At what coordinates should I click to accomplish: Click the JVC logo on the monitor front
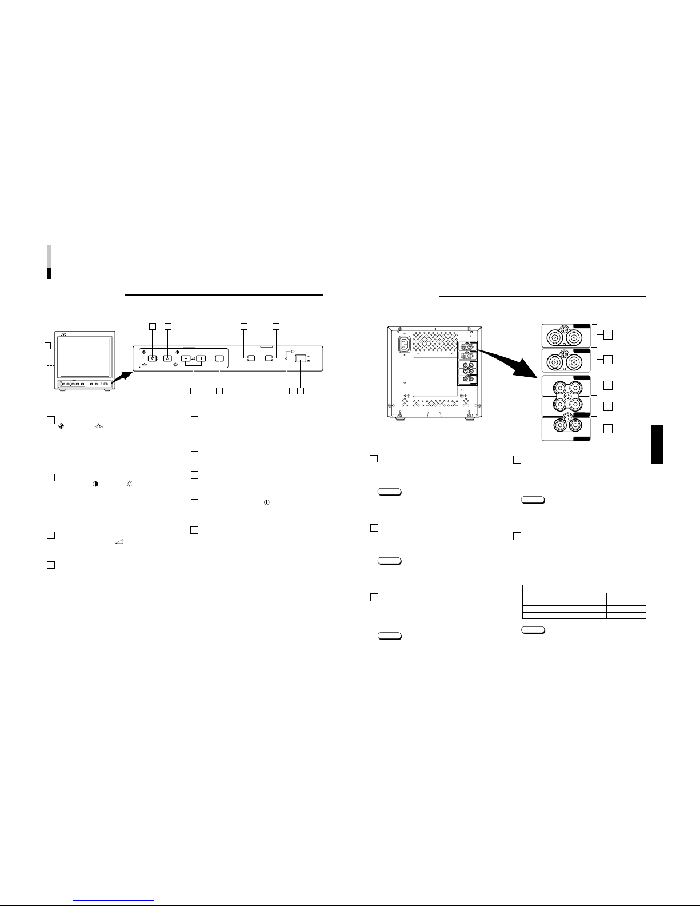click(x=63, y=334)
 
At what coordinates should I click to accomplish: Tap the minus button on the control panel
click(x=186, y=358)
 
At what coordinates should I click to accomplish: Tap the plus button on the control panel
click(x=201, y=358)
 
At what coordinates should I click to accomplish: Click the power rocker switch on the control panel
click(x=301, y=358)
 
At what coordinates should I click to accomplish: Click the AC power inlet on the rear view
click(x=404, y=344)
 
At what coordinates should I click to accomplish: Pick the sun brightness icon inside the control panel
click(x=175, y=365)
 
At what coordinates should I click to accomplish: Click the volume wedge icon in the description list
click(x=119, y=541)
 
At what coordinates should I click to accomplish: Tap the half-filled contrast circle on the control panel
click(x=177, y=352)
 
